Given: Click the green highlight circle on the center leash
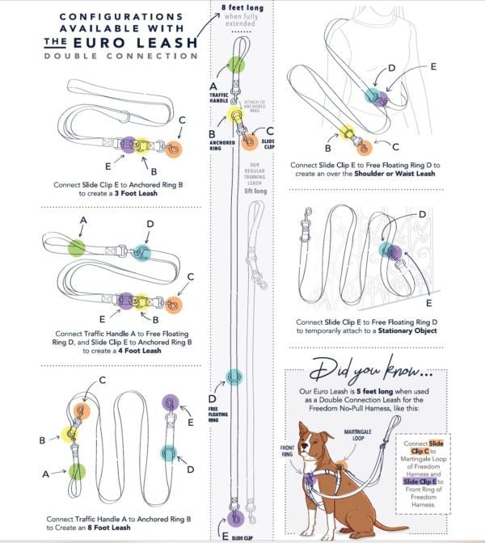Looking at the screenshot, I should coord(236,65).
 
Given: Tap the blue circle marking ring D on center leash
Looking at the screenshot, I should coord(234,376).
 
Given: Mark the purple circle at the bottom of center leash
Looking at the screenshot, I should coord(236,518).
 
